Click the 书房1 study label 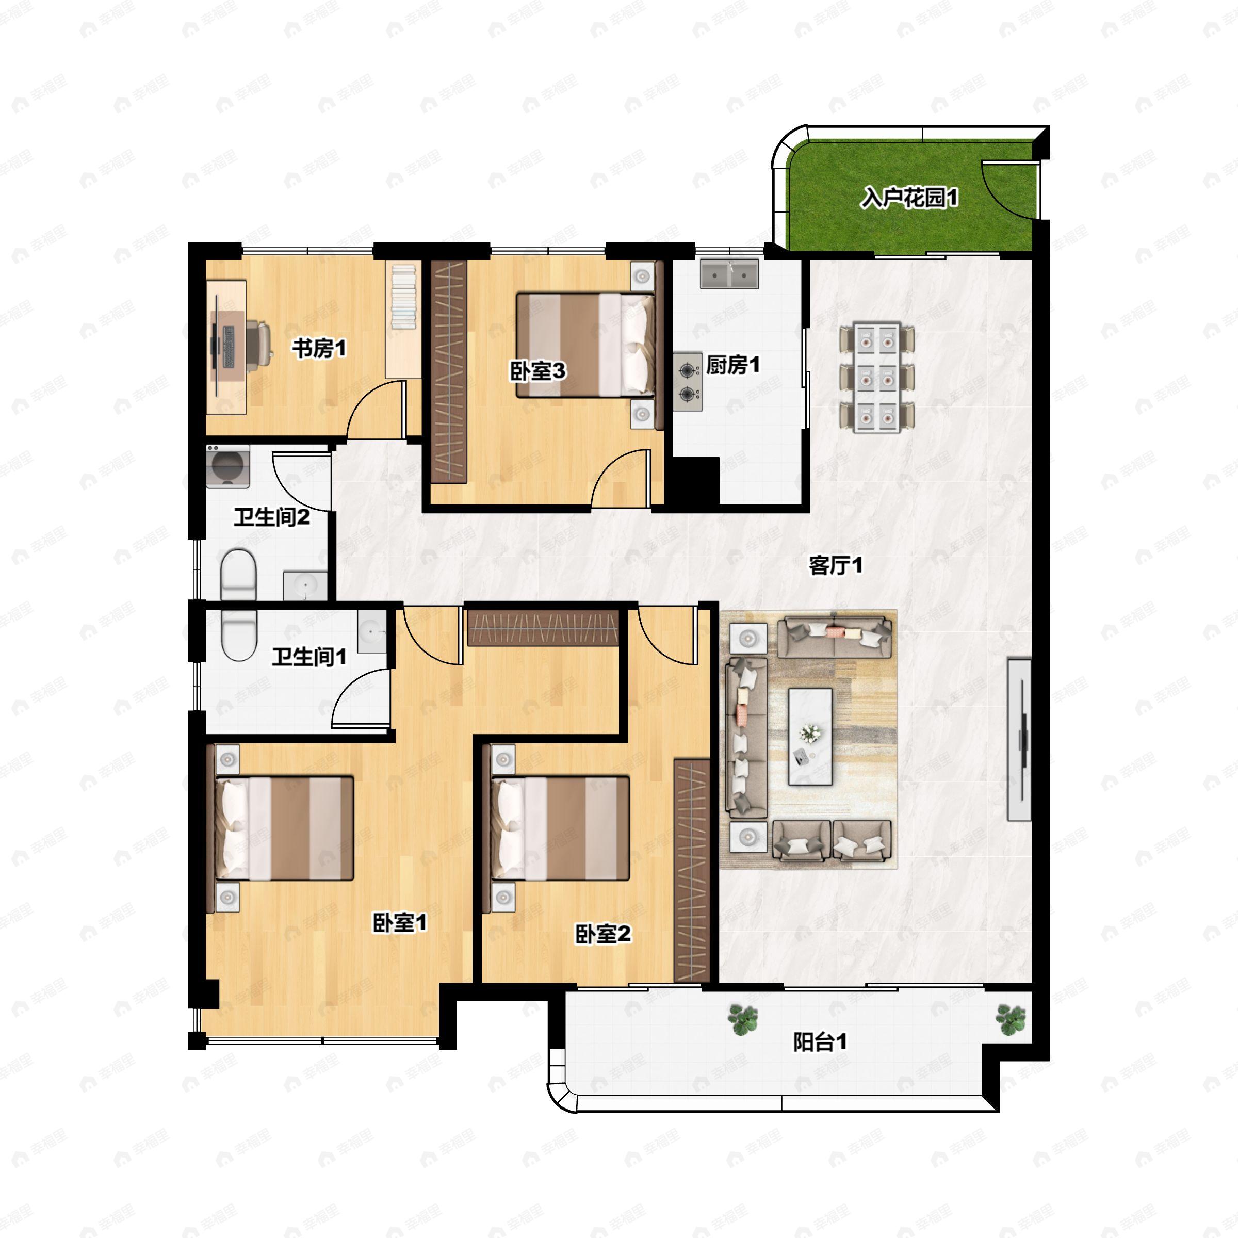[319, 349]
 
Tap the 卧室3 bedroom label [537, 370]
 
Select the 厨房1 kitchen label [733, 365]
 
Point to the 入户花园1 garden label [909, 198]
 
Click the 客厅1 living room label [836, 565]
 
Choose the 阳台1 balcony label [820, 1042]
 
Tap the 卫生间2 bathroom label [272, 516]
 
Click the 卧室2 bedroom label [602, 934]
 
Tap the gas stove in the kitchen [688, 381]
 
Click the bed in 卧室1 [283, 828]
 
